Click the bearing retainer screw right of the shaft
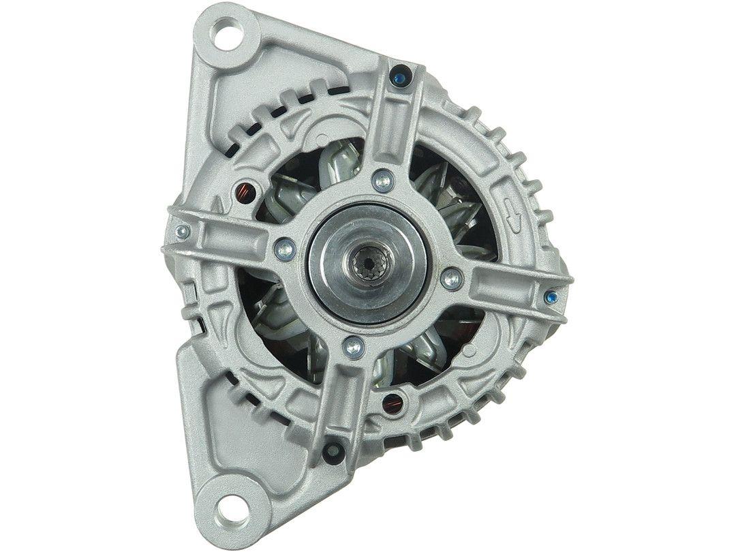click(x=450, y=278)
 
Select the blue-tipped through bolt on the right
click(x=551, y=297)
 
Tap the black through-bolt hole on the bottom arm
click(x=333, y=450)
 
